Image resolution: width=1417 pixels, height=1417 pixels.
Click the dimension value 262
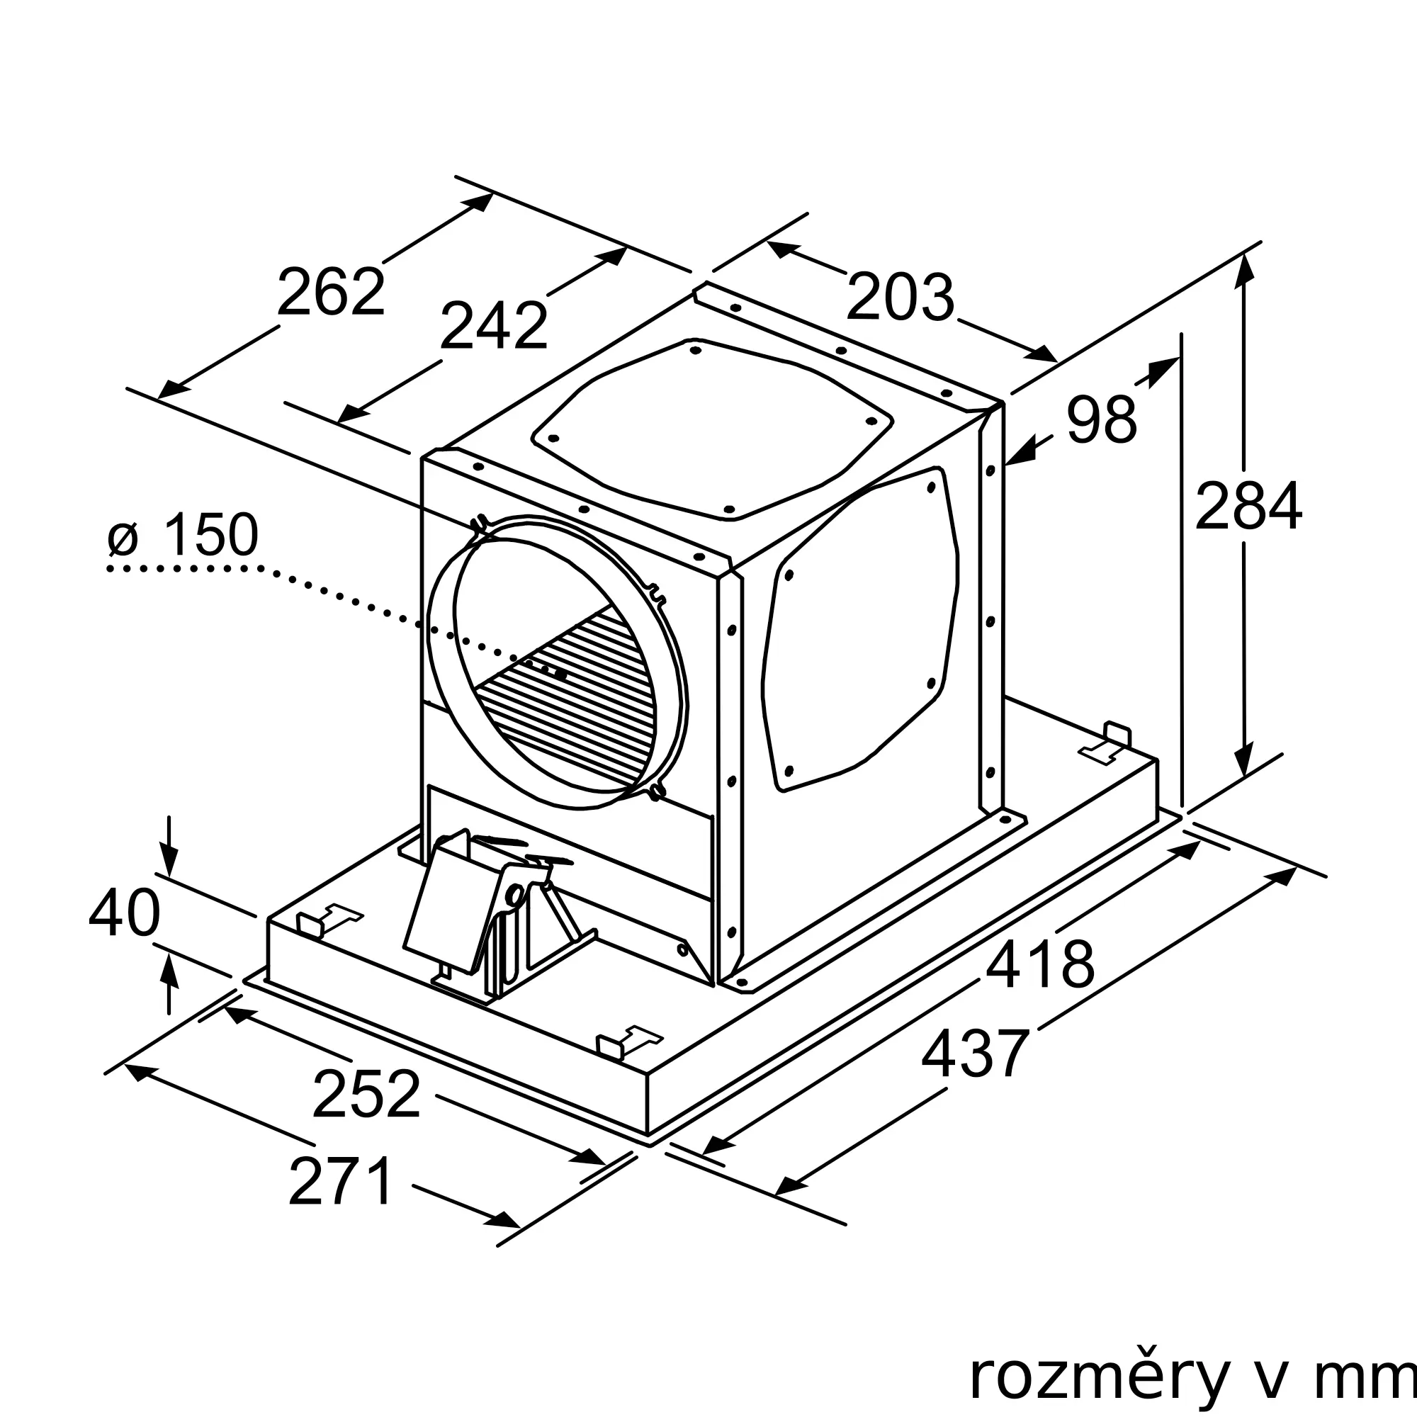[331, 292]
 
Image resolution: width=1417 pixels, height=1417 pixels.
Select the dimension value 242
[495, 326]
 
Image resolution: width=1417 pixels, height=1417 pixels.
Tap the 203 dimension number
[901, 297]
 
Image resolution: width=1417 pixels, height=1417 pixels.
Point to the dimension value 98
[1102, 419]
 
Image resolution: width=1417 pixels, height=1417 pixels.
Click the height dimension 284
[1248, 505]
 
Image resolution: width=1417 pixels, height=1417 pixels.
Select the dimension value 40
[124, 913]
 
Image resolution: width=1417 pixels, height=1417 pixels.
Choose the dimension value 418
[1040, 964]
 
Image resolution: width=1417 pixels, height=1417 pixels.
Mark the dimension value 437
[976, 1053]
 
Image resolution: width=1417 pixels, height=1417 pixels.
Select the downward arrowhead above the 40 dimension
[169, 861]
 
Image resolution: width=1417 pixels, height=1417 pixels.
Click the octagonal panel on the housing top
[712, 429]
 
